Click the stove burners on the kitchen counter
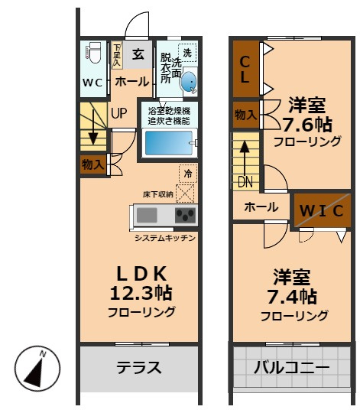click(x=185, y=215)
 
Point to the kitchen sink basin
click(x=148, y=215)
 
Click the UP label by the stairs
click(x=119, y=113)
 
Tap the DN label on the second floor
click(x=245, y=182)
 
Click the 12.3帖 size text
click(x=141, y=293)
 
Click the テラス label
click(x=139, y=368)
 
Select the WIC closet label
click(x=321, y=210)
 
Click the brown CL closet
click(x=245, y=69)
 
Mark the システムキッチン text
click(x=165, y=238)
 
